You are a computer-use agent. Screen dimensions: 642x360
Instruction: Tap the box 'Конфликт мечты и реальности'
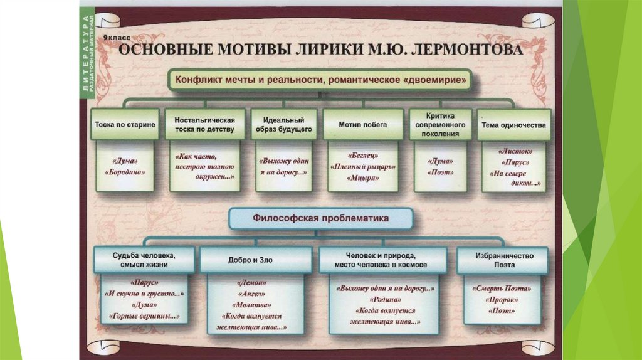[x=319, y=81]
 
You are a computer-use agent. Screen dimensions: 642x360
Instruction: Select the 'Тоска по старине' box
[x=125, y=124]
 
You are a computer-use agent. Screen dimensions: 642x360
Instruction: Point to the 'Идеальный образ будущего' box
[x=284, y=124]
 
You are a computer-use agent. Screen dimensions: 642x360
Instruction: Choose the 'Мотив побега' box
[x=362, y=124]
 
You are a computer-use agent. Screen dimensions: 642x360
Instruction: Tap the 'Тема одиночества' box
[x=513, y=124]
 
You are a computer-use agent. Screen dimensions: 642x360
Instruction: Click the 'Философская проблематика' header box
[x=320, y=219]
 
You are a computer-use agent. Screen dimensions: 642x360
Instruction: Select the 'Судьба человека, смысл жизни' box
[x=144, y=260]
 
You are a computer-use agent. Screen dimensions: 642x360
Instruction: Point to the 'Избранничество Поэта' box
[x=503, y=260]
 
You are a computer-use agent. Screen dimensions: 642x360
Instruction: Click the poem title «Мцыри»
[x=363, y=178]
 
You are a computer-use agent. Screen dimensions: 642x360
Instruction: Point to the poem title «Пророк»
[x=501, y=300]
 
